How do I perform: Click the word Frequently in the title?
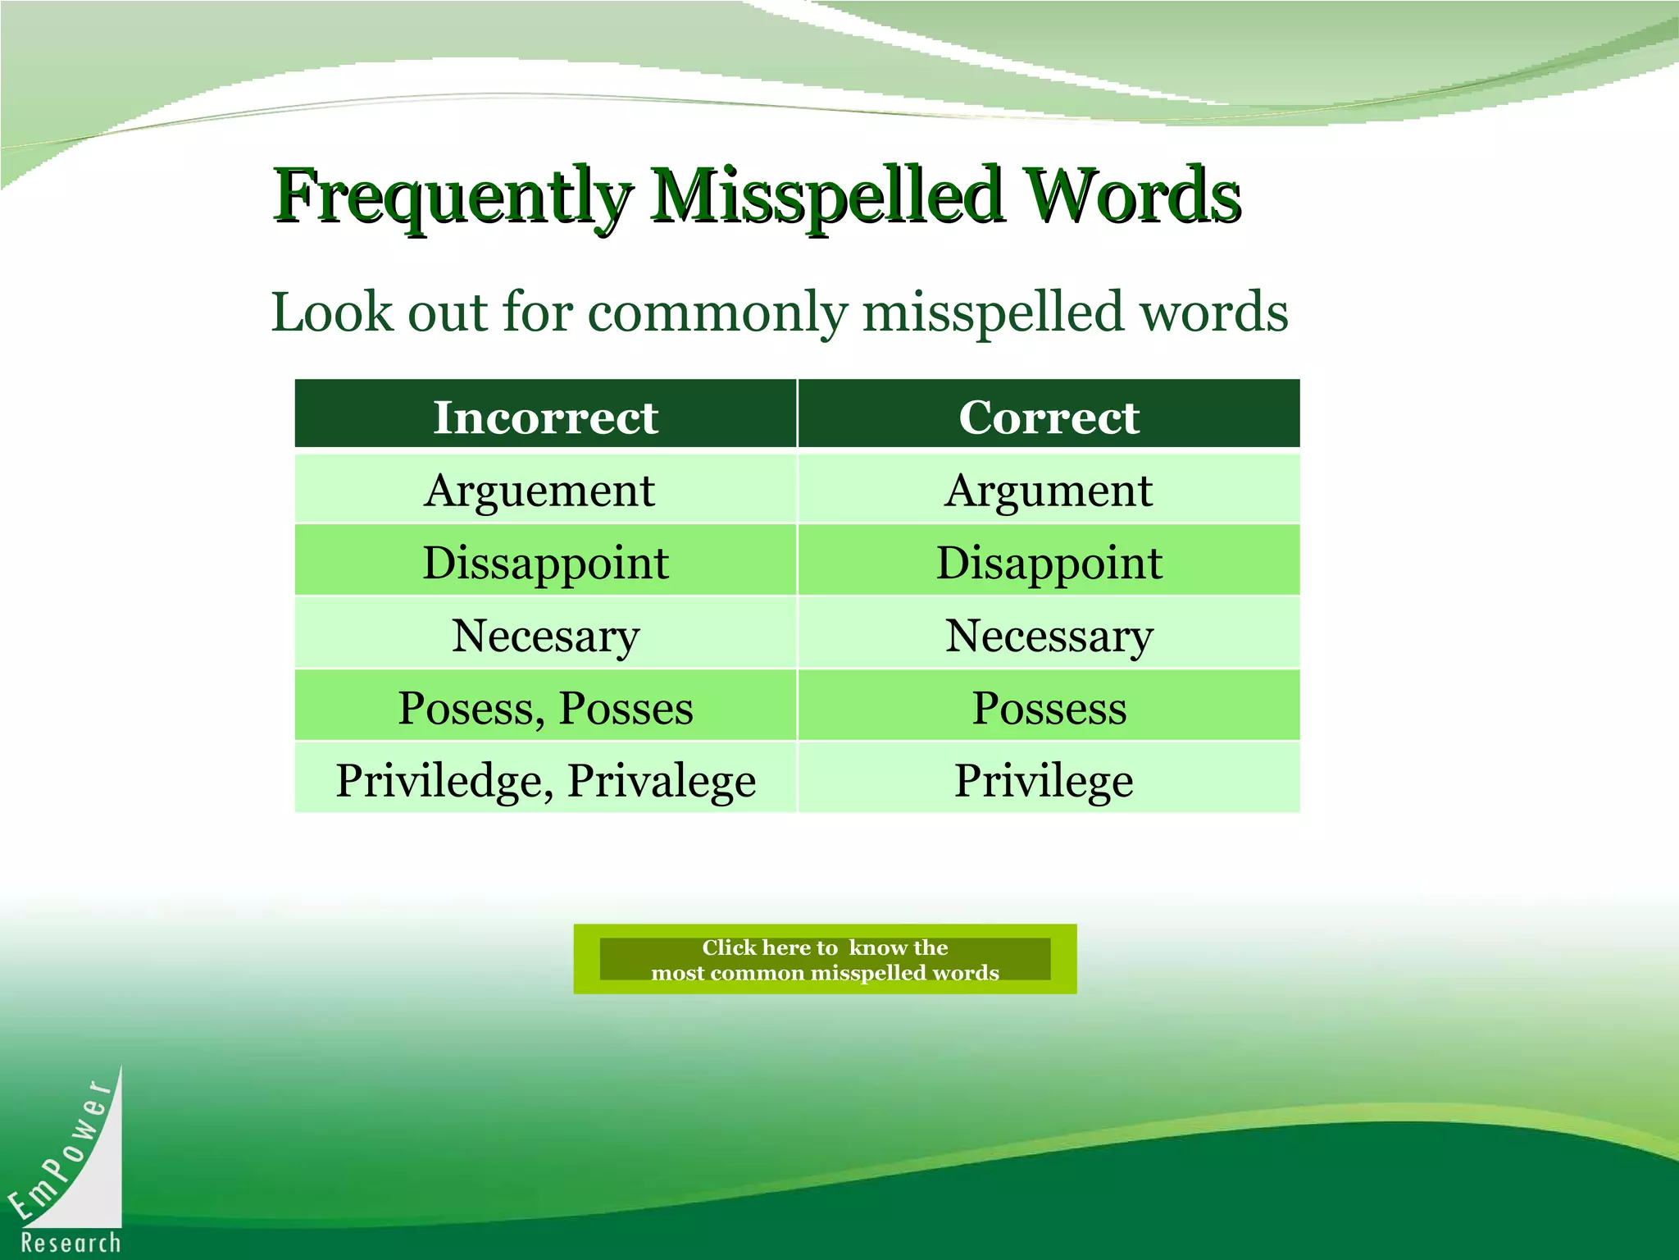pyautogui.click(x=453, y=197)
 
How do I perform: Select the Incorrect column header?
pyautogui.click(x=545, y=417)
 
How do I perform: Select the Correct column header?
pyautogui.click(x=1049, y=417)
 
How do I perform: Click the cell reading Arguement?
pyautogui.click(x=539, y=491)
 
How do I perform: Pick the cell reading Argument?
pyautogui.click(x=1049, y=491)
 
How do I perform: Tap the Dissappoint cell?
pyautogui.click(x=545, y=563)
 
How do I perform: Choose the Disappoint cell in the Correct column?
pyautogui.click(x=1049, y=563)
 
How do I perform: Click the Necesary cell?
pyautogui.click(x=545, y=636)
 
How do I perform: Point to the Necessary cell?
pyautogui.click(x=1049, y=636)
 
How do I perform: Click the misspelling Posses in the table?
pyautogui.click(x=626, y=708)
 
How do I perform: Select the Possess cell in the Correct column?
pyautogui.click(x=1049, y=708)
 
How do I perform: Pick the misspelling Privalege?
pyautogui.click(x=662, y=780)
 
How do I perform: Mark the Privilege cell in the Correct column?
pyautogui.click(x=1044, y=780)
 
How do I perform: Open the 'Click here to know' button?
pyautogui.click(x=825, y=959)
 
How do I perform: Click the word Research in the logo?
pyautogui.click(x=71, y=1243)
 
